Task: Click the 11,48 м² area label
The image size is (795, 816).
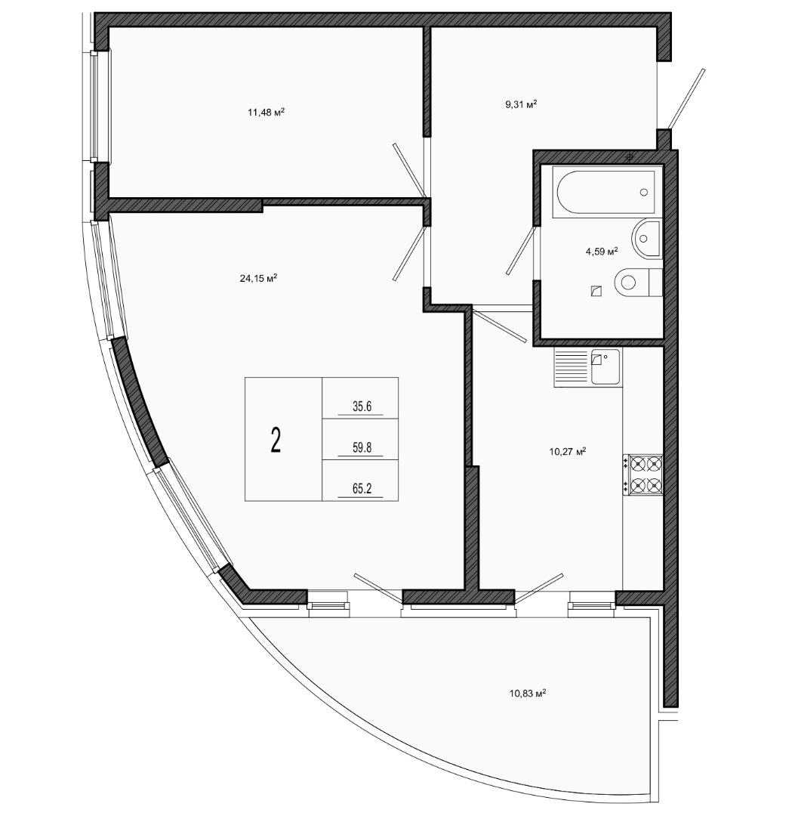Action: coord(266,112)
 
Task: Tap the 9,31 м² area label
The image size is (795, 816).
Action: coord(520,104)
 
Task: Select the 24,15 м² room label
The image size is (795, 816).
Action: coord(258,278)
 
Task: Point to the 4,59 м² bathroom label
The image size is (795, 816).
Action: coord(602,252)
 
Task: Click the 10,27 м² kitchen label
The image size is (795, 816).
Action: coord(568,451)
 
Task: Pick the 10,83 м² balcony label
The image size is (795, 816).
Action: coord(527,693)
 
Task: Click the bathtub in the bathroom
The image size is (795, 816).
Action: coord(607,191)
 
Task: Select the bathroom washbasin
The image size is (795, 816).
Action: coord(647,239)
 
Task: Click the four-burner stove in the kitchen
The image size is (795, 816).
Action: coord(643,475)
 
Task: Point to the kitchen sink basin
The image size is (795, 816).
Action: coord(605,367)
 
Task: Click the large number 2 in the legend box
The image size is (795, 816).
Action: coord(276,440)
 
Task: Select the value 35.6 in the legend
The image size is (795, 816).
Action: coord(362,406)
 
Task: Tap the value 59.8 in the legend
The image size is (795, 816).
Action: coord(362,447)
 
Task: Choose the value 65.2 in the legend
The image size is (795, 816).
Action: coord(362,489)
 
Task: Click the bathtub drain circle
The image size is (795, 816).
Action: coord(644,192)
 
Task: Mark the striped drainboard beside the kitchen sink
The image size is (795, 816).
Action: coord(573,367)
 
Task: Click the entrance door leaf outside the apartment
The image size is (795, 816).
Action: coord(687,99)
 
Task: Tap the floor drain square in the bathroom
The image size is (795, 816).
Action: coord(596,292)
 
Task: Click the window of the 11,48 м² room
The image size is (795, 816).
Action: coord(95,107)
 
